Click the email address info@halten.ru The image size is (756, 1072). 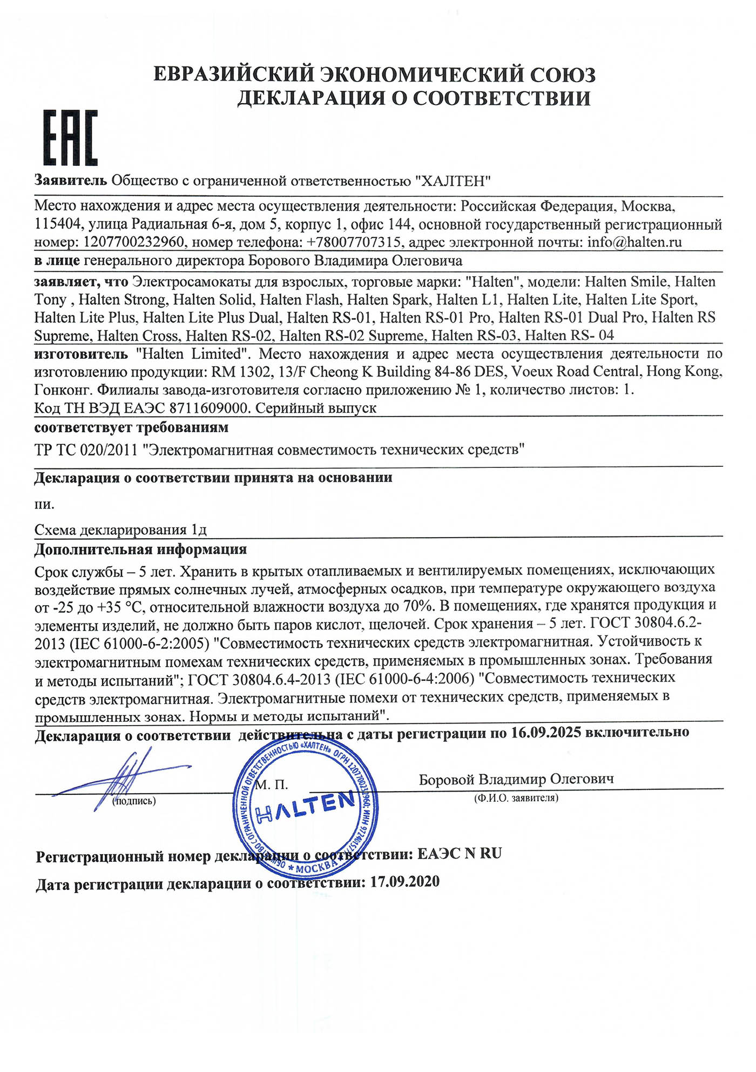[x=634, y=242]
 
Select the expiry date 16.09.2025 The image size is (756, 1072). [x=546, y=732]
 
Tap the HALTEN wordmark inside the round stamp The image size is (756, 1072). [x=306, y=807]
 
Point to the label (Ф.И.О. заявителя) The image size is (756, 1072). [x=516, y=798]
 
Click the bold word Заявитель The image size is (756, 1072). [x=71, y=180]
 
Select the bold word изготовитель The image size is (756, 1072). [x=81, y=354]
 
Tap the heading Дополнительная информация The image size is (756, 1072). [x=140, y=550]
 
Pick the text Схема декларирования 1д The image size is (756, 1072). [x=120, y=530]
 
